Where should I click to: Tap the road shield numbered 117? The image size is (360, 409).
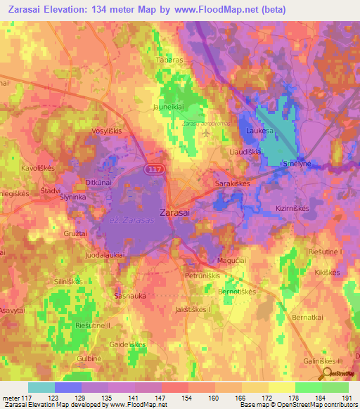(x=154, y=169)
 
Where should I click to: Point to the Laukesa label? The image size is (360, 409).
(x=259, y=131)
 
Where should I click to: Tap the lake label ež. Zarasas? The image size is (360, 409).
(x=131, y=220)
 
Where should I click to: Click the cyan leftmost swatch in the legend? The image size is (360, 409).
(x=41, y=387)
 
